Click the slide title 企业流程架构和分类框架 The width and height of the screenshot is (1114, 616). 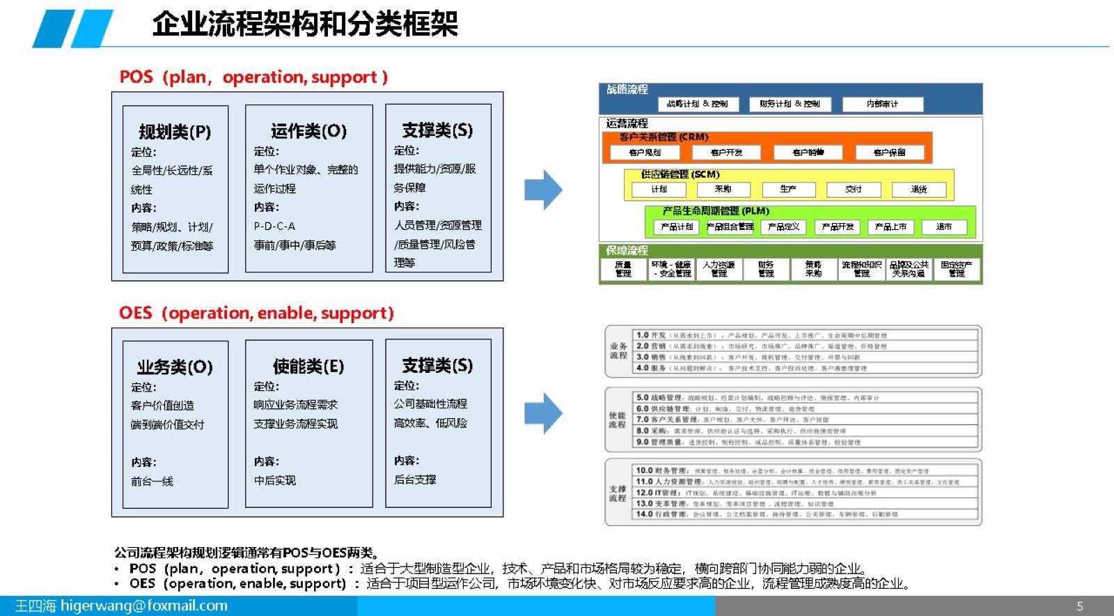pyautogui.click(x=305, y=24)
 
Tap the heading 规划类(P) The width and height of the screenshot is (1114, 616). pyautogui.click(x=175, y=132)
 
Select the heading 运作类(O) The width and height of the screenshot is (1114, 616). pyautogui.click(x=308, y=131)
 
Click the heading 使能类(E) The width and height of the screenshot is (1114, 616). pyautogui.click(x=308, y=367)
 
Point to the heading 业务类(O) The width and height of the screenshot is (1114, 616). pyautogui.click(x=175, y=367)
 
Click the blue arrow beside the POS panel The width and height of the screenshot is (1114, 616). pyautogui.click(x=543, y=190)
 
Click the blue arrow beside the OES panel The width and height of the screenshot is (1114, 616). pyautogui.click(x=543, y=413)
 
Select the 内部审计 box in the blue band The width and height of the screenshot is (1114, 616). pyautogui.click(x=882, y=104)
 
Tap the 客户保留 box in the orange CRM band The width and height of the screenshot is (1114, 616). pyautogui.click(x=889, y=153)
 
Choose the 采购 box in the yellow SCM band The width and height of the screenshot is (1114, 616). pyautogui.click(x=723, y=189)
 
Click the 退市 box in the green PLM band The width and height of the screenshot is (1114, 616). pyautogui.click(x=943, y=226)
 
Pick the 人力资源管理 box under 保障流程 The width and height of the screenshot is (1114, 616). pyautogui.click(x=719, y=269)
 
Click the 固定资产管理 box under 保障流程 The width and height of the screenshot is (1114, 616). pyautogui.click(x=957, y=269)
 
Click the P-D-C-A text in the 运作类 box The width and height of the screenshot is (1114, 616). pyautogui.click(x=274, y=226)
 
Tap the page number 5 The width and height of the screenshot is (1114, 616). pyautogui.click(x=1080, y=606)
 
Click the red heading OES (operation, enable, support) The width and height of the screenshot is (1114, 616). pyautogui.click(x=256, y=313)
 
